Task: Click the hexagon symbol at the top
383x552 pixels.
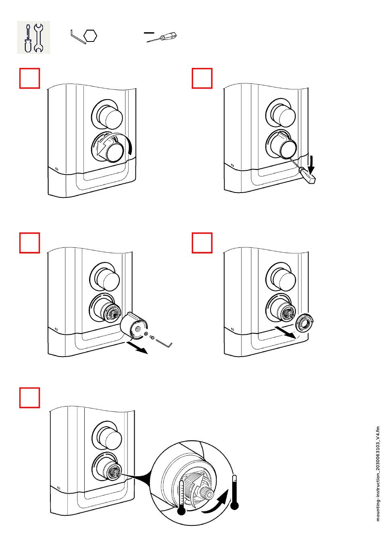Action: click(x=90, y=36)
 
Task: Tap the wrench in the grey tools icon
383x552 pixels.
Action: click(x=39, y=38)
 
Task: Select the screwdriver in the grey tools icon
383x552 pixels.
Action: click(x=28, y=38)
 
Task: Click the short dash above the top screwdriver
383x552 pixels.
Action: click(x=149, y=33)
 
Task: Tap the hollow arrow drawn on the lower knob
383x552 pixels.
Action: click(x=104, y=145)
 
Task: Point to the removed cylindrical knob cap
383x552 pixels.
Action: click(x=134, y=326)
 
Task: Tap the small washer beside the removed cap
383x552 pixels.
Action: click(x=146, y=334)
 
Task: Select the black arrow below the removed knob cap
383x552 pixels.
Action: click(x=137, y=347)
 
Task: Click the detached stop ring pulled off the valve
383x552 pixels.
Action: click(x=304, y=323)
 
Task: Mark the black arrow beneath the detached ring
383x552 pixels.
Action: click(x=285, y=332)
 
